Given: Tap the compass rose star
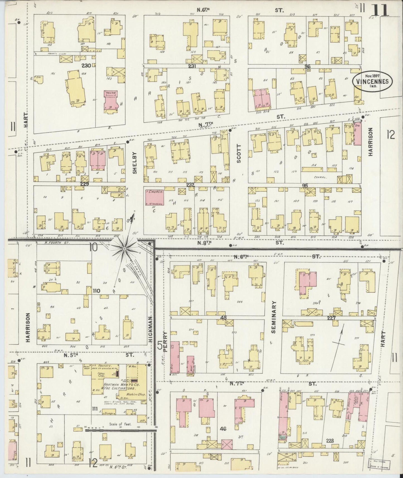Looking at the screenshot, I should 125,248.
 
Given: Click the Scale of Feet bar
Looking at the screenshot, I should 120,430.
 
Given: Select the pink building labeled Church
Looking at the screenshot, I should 155,197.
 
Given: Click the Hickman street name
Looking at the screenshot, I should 151,329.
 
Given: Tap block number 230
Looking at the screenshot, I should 86,66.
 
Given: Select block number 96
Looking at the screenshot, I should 308,66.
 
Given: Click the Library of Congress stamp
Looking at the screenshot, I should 380,463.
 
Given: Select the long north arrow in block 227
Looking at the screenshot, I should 337,347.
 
